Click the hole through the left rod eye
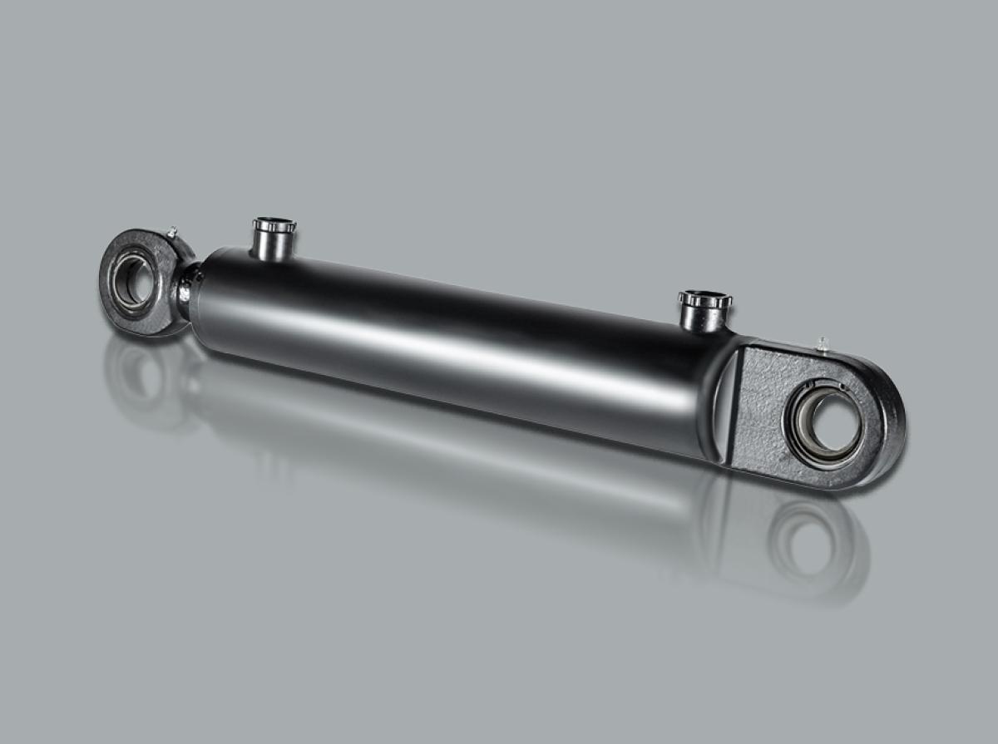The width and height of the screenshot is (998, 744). [x=133, y=281]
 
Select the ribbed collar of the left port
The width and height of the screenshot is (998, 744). [x=274, y=225]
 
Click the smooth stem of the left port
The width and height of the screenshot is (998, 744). [x=273, y=245]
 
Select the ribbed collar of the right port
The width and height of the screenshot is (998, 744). [x=704, y=300]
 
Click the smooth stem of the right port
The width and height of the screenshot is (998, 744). [x=703, y=318]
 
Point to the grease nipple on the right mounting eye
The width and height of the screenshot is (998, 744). [x=823, y=342]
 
